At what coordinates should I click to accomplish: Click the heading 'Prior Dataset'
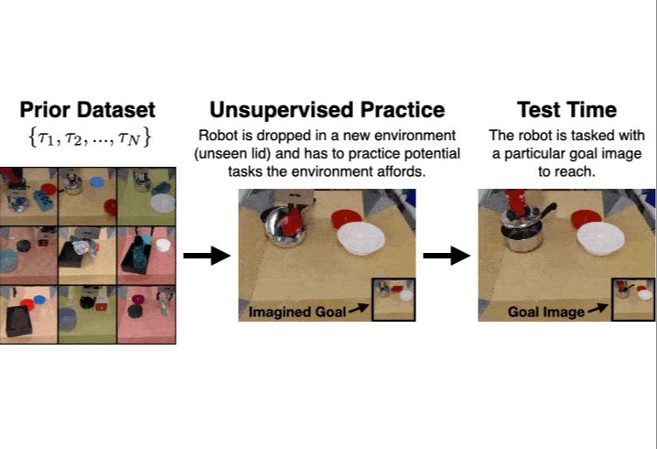[x=88, y=110]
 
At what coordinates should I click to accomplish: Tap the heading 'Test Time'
[x=566, y=110]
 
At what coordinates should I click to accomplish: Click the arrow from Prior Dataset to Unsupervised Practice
[x=206, y=256]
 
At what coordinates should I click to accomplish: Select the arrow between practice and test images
[x=446, y=256]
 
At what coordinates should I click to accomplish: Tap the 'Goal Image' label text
[x=547, y=312]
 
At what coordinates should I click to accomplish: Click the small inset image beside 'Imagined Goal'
[x=393, y=298]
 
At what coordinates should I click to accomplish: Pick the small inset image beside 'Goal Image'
[x=633, y=298]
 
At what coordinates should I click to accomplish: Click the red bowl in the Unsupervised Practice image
[x=347, y=220]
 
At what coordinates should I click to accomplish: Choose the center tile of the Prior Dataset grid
[x=88, y=256]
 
